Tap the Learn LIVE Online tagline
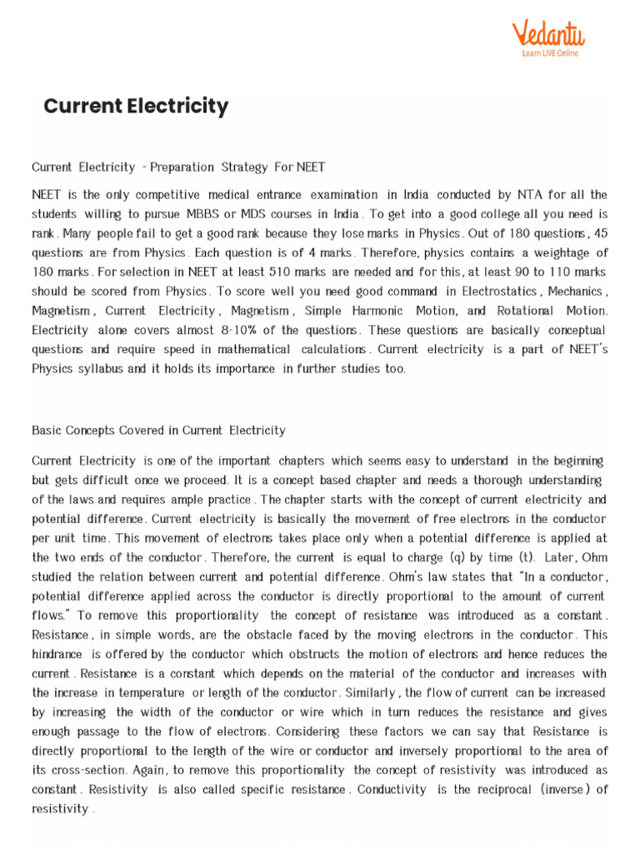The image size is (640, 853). point(549,54)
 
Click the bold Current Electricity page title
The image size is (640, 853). point(136,106)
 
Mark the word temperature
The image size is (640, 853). point(152,693)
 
